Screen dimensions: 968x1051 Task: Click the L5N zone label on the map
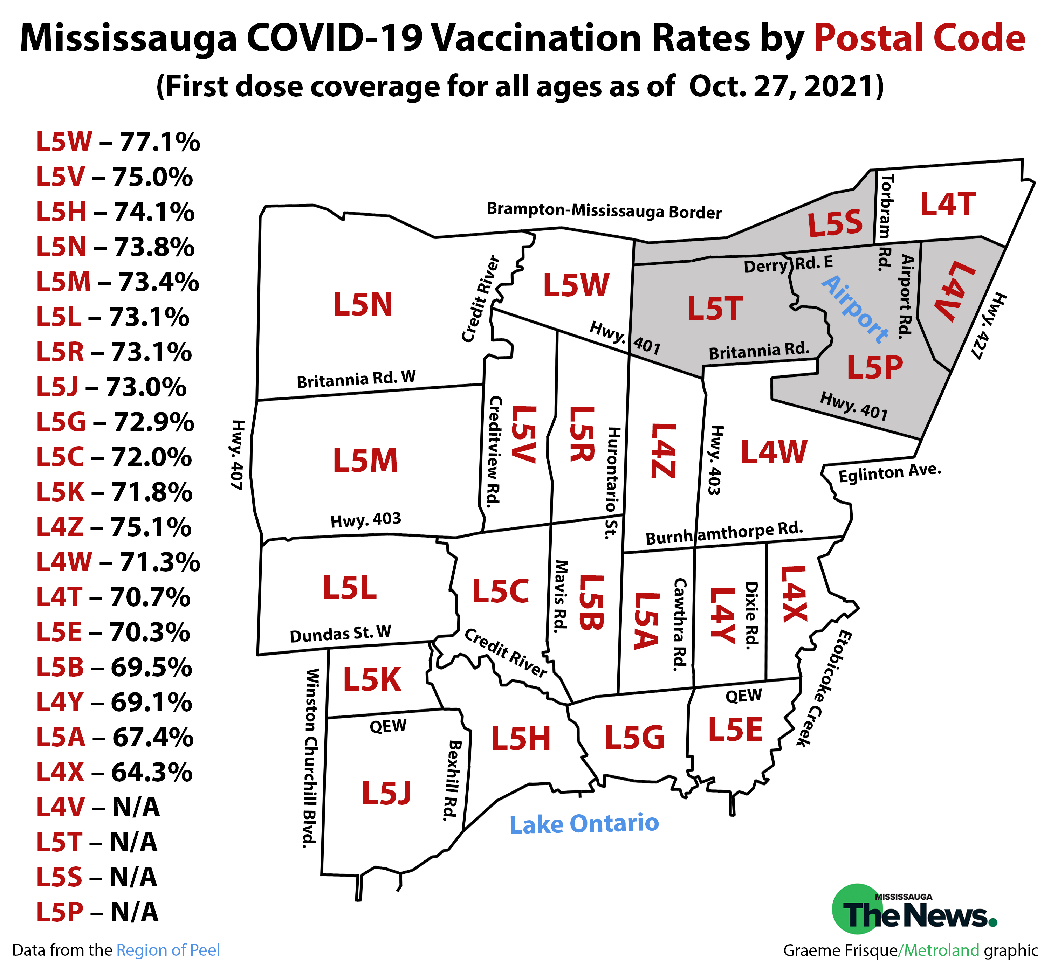(363, 304)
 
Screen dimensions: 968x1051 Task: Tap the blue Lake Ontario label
(584, 824)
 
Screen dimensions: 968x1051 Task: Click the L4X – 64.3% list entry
(114, 773)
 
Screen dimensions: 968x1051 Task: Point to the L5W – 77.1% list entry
(118, 142)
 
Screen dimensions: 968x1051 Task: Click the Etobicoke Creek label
(825, 689)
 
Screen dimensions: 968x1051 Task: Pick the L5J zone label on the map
(387, 793)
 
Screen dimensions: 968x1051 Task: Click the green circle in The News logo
(854, 909)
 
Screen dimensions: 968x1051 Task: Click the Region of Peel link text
(168, 950)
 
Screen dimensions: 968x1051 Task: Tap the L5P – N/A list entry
(97, 912)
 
